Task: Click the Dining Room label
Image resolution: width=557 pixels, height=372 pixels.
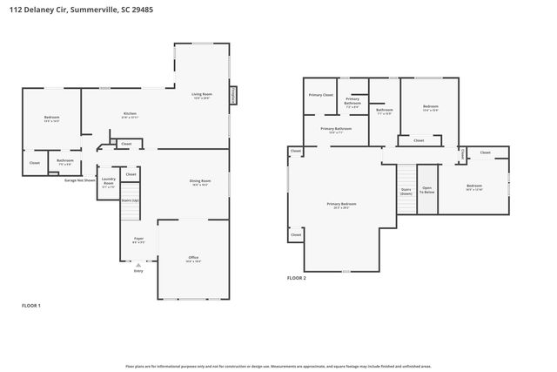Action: [x=200, y=182]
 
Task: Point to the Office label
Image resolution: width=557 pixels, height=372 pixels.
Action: [x=193, y=259]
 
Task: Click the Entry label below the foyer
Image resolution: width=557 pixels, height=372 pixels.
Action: [x=138, y=271]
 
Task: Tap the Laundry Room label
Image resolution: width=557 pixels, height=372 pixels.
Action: [x=108, y=182]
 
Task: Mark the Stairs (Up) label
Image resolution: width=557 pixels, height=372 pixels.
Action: [x=130, y=200]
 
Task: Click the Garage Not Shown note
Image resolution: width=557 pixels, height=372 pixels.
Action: [x=80, y=180]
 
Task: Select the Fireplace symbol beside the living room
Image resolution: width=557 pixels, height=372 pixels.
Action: [x=233, y=96]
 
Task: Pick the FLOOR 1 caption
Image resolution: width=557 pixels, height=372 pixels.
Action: [x=31, y=306]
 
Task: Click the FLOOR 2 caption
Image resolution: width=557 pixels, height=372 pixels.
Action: [x=297, y=278]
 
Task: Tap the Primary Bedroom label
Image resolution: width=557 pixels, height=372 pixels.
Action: [x=341, y=205]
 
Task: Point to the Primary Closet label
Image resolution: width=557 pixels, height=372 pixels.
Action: [x=320, y=94]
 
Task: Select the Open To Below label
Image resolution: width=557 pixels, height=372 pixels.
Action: [x=426, y=189]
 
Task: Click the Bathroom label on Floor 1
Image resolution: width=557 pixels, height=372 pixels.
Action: [x=65, y=161]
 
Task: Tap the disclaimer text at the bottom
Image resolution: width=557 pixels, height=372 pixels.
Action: [x=278, y=367]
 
